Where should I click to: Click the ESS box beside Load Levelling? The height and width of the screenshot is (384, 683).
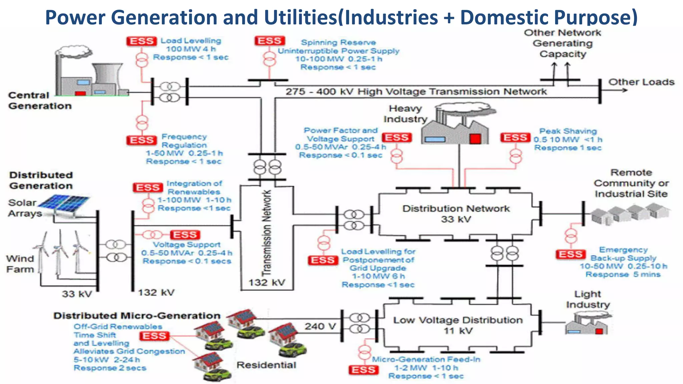point(141,41)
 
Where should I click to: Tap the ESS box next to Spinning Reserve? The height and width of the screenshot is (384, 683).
point(269,41)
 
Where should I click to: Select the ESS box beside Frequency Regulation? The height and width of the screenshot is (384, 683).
point(141,140)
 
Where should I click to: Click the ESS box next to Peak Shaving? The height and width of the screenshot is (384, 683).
point(515,138)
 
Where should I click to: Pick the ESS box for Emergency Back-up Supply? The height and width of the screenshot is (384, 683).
point(571,255)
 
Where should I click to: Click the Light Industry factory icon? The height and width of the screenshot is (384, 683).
point(587,325)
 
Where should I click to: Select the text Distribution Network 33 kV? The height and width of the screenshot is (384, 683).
point(456,214)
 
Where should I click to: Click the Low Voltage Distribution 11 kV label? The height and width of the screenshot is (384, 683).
point(458,325)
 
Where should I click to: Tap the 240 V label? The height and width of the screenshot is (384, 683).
point(319,326)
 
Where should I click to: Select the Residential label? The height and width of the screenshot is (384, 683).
point(266,365)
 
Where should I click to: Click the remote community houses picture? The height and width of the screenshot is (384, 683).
point(630,213)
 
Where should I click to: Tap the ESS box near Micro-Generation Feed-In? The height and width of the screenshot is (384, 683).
point(364,370)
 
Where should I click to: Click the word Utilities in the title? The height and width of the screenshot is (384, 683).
point(300,17)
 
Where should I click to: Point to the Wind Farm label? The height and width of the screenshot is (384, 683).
point(20,264)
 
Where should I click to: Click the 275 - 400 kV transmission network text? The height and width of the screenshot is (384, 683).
point(416,92)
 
